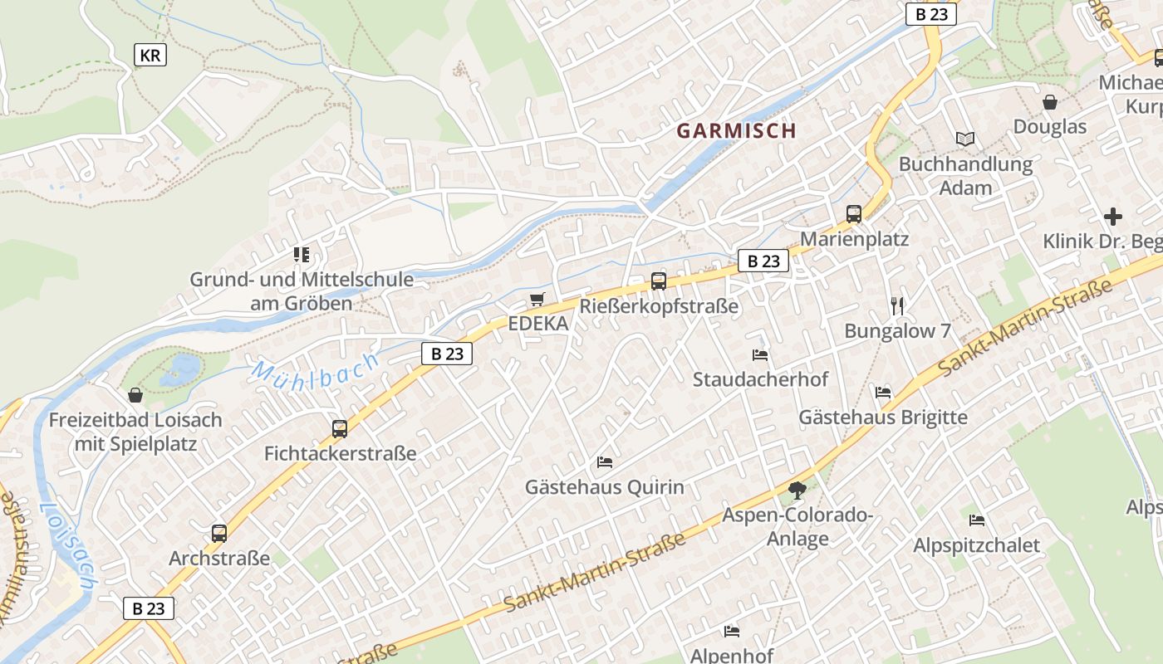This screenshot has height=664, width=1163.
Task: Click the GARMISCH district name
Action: (736, 130)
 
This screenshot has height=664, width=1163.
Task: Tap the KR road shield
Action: (150, 56)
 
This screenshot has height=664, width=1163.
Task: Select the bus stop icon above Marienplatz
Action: (854, 214)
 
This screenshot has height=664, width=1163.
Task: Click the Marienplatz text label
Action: (854, 239)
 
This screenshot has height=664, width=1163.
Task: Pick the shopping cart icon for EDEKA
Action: (538, 299)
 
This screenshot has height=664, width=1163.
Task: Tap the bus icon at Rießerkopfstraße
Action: (659, 281)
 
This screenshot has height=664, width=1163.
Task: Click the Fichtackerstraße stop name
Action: (340, 454)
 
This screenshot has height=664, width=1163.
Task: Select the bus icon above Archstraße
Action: (219, 534)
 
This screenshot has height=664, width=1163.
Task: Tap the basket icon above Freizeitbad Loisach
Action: (135, 395)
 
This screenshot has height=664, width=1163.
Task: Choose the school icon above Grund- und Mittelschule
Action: (301, 255)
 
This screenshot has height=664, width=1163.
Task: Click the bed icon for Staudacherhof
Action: (759, 355)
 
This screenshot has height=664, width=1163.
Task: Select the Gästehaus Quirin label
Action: (604, 487)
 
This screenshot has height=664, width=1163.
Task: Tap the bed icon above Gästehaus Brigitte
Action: (883, 392)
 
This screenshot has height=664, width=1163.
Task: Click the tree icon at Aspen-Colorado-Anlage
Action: (797, 490)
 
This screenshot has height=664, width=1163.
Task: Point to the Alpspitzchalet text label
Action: (976, 545)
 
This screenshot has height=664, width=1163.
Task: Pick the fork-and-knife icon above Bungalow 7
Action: (897, 305)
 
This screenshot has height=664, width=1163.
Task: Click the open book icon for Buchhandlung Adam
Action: (964, 139)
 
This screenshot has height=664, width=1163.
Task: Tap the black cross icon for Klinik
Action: (1113, 217)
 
